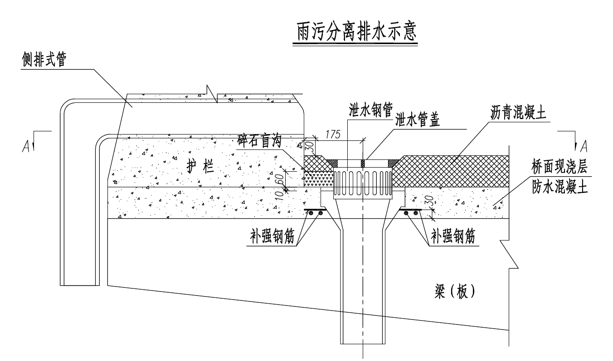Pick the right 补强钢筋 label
(x=453, y=237)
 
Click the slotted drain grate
(x=363, y=183)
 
